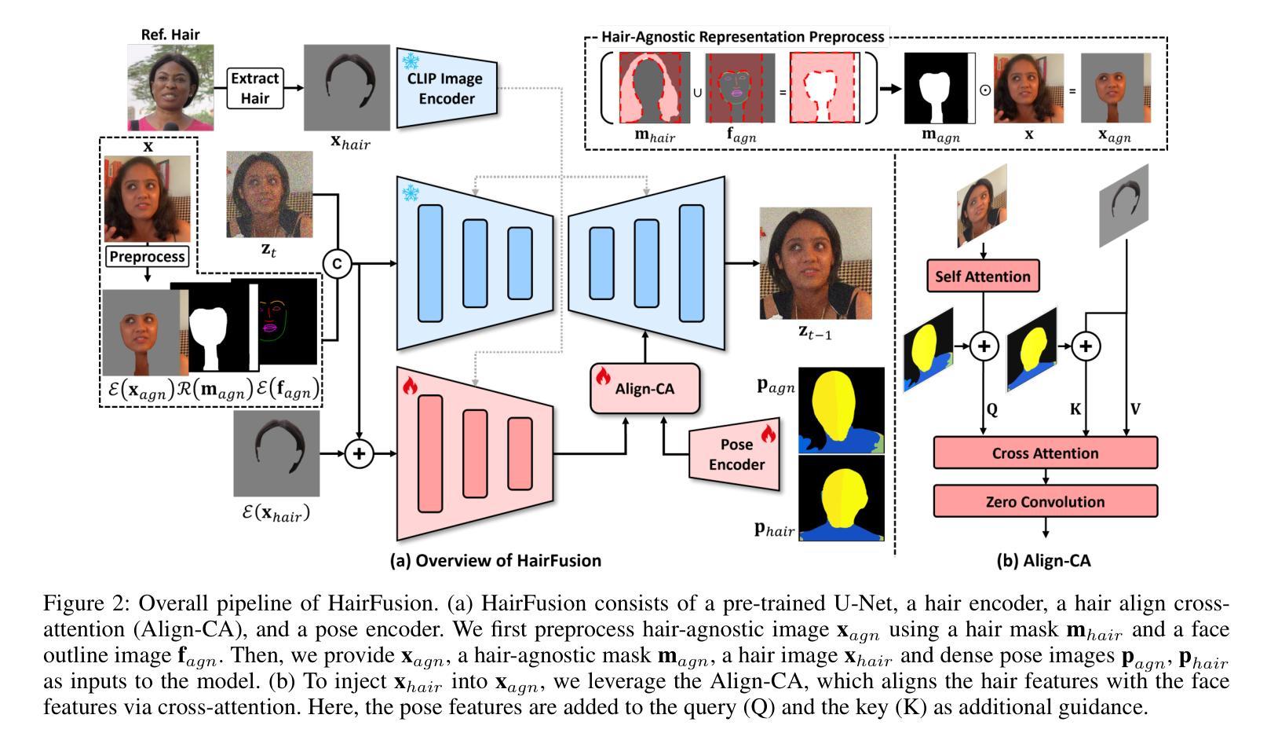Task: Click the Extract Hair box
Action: (x=254, y=88)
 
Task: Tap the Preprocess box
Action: (x=148, y=256)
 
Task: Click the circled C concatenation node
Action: (x=337, y=264)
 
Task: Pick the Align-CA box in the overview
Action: (x=644, y=388)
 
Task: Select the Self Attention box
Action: (x=983, y=277)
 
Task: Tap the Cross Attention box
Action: (x=1045, y=453)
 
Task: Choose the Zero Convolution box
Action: (x=1045, y=501)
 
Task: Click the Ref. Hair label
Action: (x=170, y=35)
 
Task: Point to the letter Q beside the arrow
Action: (x=992, y=409)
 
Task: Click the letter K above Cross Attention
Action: (x=1075, y=409)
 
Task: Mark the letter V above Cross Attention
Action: (x=1135, y=409)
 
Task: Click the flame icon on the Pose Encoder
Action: (x=768, y=433)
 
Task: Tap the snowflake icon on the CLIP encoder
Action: (x=411, y=60)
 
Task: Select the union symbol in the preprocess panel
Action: (x=697, y=91)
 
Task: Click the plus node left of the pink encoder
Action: (x=359, y=453)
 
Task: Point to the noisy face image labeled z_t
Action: (x=269, y=194)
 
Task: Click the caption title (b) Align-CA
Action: (x=1043, y=561)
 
